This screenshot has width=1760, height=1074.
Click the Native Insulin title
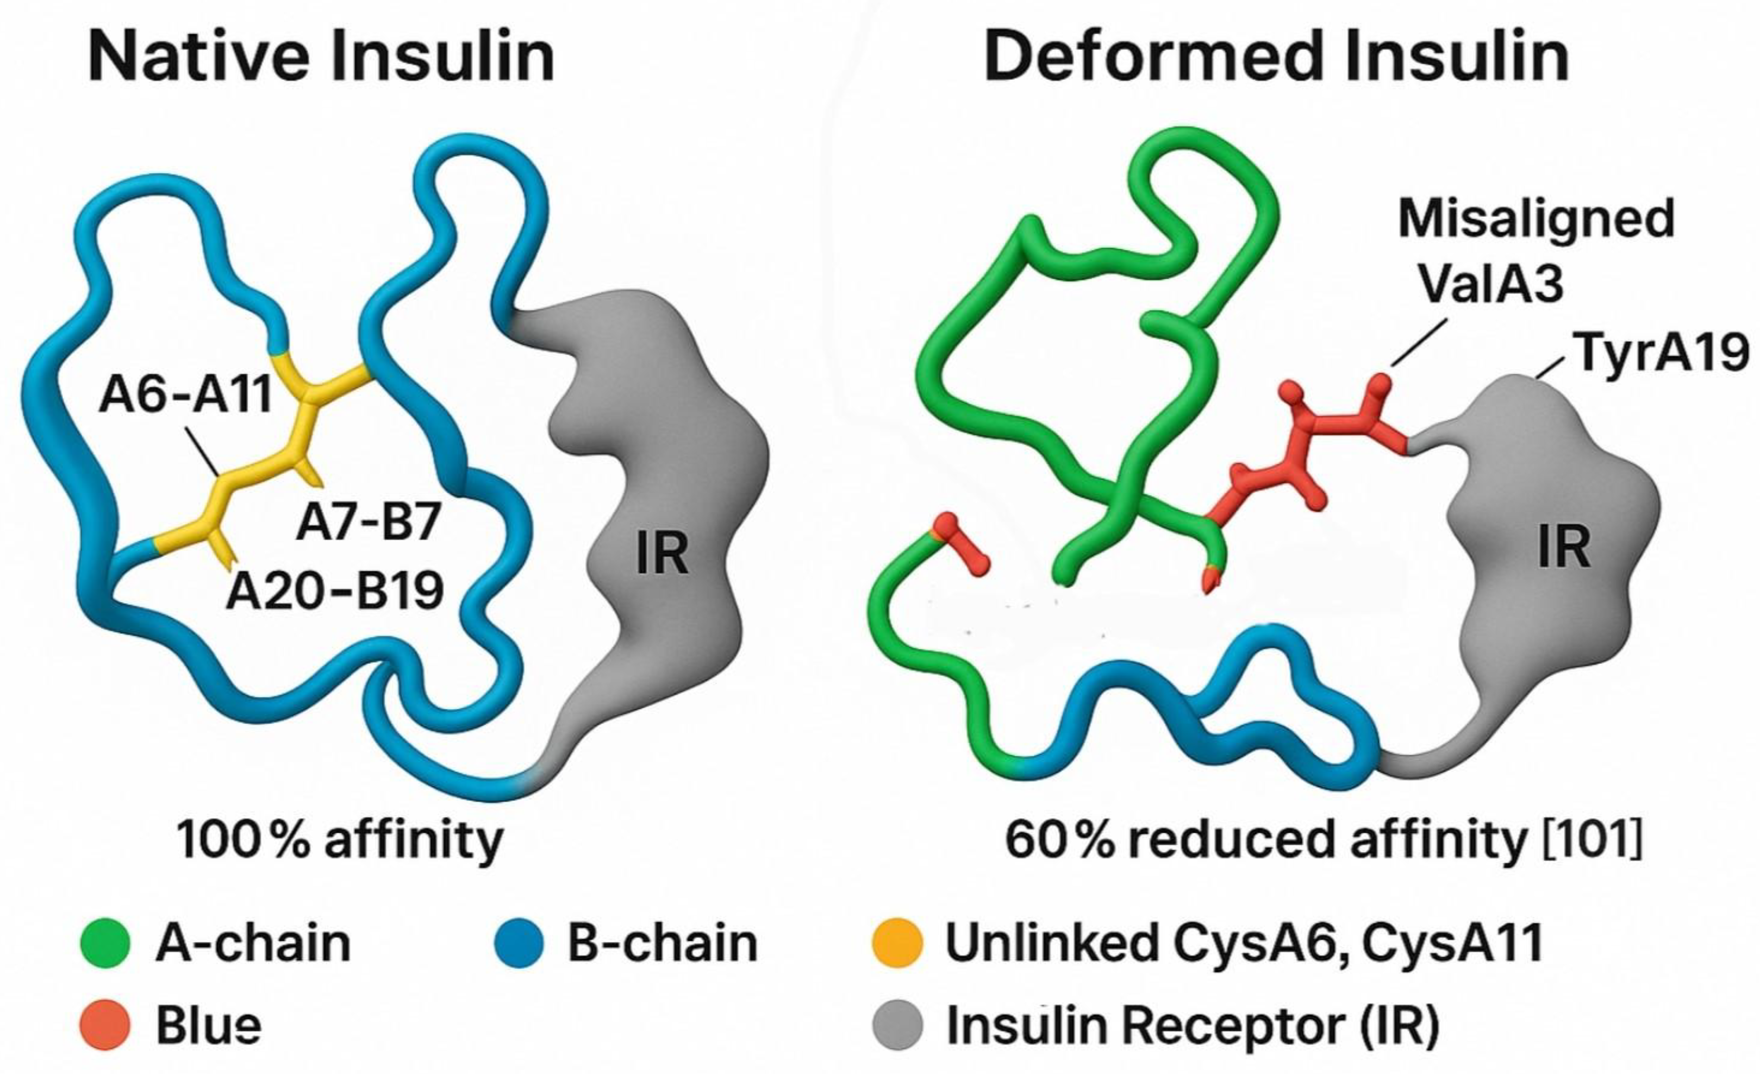321,57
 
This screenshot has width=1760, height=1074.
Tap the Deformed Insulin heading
1276,57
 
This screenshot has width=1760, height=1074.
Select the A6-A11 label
186,395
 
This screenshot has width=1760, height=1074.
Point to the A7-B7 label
368,522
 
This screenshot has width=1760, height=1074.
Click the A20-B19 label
334,591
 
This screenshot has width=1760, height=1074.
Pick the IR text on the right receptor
1564,547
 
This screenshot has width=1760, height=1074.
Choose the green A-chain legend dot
105,943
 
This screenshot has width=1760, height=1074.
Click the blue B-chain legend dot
519,943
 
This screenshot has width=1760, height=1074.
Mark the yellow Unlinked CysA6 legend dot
898,943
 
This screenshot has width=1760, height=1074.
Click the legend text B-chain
662,943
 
